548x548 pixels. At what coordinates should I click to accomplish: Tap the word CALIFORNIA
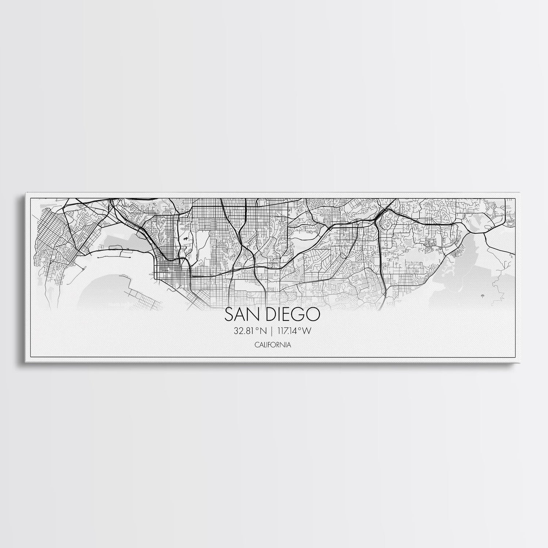click(x=274, y=344)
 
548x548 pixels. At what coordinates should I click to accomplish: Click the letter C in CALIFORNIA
click(x=258, y=344)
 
